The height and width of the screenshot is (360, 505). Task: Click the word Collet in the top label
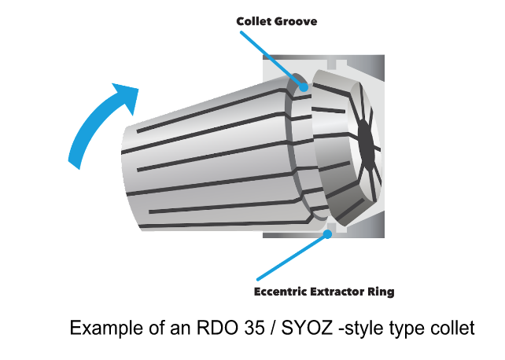pyautogui.click(x=253, y=21)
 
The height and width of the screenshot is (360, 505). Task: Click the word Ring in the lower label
pyautogui.click(x=382, y=292)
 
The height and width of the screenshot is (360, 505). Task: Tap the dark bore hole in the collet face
pyautogui.click(x=364, y=141)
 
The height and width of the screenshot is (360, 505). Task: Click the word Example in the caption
pyautogui.click(x=103, y=327)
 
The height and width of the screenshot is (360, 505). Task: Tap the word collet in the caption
pyautogui.click(x=453, y=327)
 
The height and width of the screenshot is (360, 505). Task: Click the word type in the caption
pyautogui.click(x=406, y=329)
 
